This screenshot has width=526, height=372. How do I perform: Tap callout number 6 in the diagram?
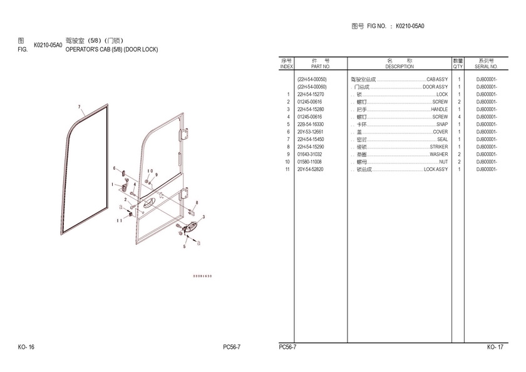(x=114, y=168)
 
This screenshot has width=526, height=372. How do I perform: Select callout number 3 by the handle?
(x=204, y=217)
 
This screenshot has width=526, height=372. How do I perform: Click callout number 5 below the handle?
(x=184, y=247)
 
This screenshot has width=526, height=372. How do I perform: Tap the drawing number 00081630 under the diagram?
(x=202, y=276)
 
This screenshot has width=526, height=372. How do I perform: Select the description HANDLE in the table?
(x=439, y=110)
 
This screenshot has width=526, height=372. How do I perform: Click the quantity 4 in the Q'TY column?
(x=459, y=117)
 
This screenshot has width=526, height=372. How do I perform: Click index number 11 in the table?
(x=287, y=170)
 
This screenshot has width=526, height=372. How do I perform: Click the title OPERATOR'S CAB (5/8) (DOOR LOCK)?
(x=112, y=49)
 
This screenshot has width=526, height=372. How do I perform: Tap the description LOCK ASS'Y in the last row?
(x=436, y=170)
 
